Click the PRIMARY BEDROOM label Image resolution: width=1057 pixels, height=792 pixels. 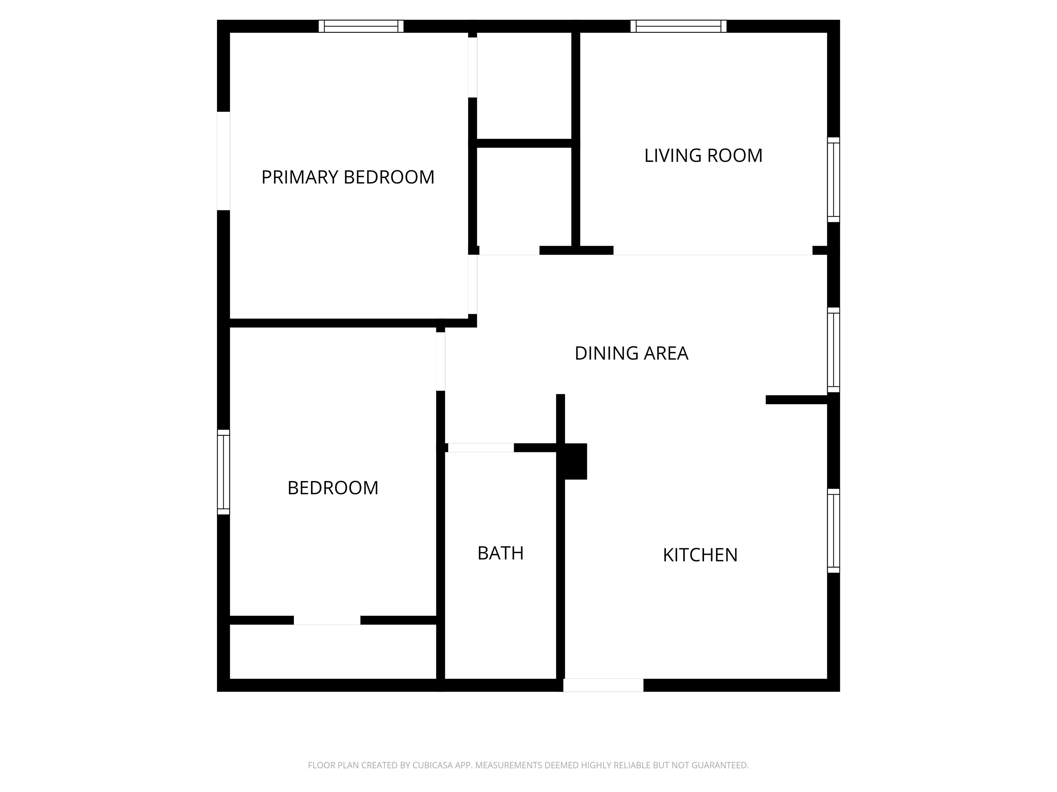point(348,177)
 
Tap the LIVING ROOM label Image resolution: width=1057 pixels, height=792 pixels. point(703,156)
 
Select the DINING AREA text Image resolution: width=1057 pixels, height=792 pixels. point(631,353)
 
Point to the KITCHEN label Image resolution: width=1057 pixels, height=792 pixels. point(700,555)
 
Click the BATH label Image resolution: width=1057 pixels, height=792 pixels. point(500,553)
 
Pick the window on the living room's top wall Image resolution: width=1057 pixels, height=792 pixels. point(679,26)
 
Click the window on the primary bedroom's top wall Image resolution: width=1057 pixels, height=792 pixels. point(361,26)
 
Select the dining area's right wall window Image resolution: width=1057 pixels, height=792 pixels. point(833,350)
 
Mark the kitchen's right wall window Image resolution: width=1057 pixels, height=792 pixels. point(833,530)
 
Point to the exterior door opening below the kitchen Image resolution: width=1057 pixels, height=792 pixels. point(603,685)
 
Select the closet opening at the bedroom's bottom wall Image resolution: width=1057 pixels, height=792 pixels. point(327,620)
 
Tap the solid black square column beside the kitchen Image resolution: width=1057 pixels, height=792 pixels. point(576,461)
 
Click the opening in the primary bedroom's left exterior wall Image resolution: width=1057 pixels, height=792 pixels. point(224,161)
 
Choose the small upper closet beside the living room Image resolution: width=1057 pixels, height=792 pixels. point(524,86)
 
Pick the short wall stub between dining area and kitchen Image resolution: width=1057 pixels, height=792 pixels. point(797,400)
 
